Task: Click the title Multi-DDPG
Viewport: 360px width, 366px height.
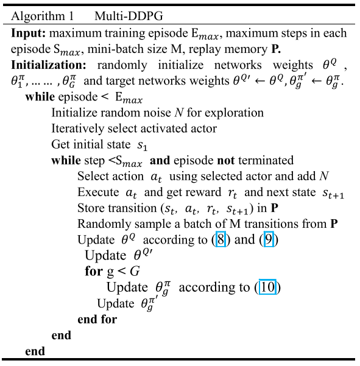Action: pos(129,16)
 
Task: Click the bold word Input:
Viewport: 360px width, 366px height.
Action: pos(28,33)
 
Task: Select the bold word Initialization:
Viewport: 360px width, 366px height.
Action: pos(49,65)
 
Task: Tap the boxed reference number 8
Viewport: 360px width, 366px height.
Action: pos(221,239)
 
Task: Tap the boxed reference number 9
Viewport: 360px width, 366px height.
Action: pos(269,239)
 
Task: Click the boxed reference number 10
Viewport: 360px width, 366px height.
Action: pos(267,287)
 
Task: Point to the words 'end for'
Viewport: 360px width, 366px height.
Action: pos(97,319)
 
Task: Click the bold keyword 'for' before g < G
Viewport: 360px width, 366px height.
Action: pos(94,271)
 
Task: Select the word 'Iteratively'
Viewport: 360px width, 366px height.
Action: pos(77,128)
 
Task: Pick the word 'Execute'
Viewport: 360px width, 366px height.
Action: pos(98,192)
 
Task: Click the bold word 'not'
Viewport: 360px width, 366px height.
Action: pos(226,161)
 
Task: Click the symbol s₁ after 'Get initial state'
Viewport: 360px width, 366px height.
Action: pos(142,146)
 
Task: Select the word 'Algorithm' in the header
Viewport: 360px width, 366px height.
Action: pos(38,16)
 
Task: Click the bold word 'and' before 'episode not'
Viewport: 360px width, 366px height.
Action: pos(160,161)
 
